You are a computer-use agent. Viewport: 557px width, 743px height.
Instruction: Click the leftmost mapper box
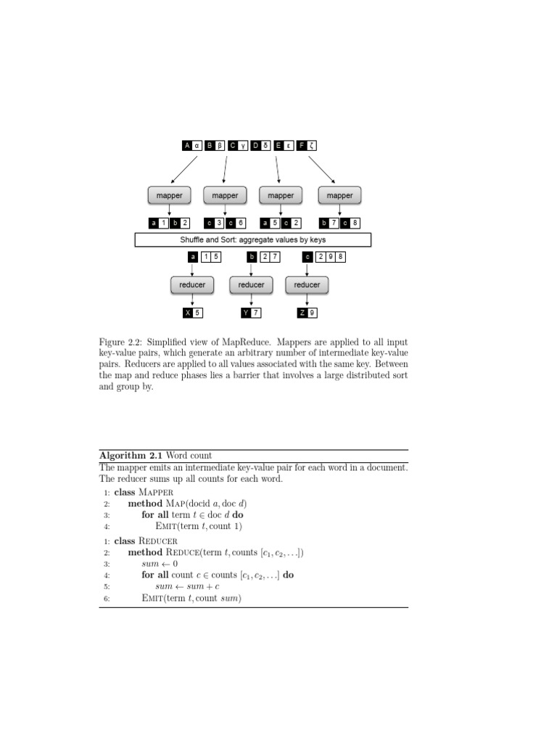(x=170, y=195)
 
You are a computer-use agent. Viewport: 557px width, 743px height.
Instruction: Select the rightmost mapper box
(x=339, y=195)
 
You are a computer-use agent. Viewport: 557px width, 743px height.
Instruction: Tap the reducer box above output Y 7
(x=251, y=284)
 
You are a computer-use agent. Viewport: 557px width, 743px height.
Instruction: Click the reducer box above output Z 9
(x=307, y=284)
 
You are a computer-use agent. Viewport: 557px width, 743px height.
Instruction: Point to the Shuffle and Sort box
(x=252, y=239)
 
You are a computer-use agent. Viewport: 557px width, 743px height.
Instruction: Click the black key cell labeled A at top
(x=187, y=145)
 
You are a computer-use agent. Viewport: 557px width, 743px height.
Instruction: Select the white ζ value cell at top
(x=311, y=145)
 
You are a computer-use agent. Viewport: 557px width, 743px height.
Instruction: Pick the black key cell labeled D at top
(x=255, y=145)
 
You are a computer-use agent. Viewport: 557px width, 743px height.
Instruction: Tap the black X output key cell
(x=188, y=313)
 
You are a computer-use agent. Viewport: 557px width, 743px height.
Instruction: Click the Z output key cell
(x=302, y=313)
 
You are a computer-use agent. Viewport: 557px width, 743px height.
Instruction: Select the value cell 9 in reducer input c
(x=331, y=256)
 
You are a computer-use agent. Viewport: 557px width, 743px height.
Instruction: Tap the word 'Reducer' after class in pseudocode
(x=158, y=541)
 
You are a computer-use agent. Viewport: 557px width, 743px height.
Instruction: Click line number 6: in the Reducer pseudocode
(x=106, y=599)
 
